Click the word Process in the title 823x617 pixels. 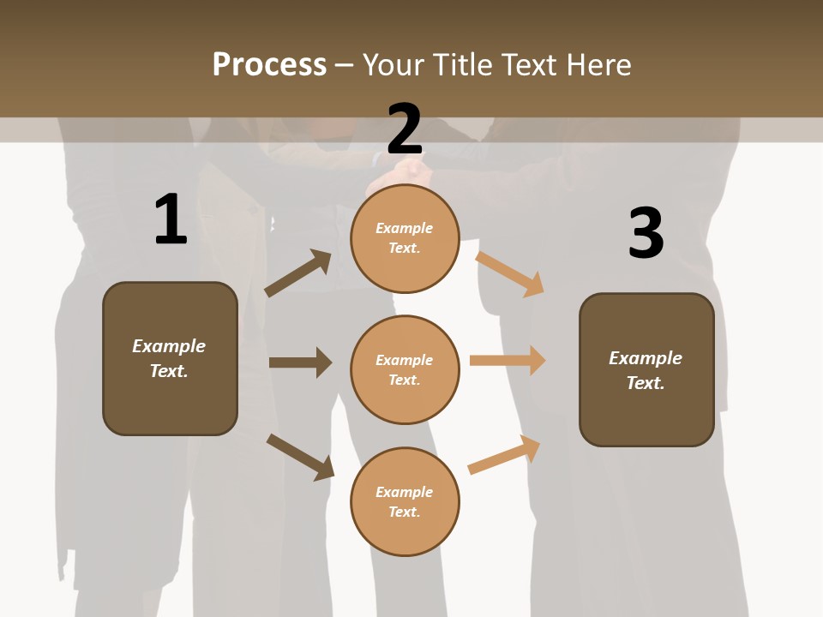tap(269, 65)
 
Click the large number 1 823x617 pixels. tap(170, 220)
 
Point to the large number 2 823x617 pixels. tap(405, 129)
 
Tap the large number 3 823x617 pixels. tap(646, 234)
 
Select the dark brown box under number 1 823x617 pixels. tap(170, 358)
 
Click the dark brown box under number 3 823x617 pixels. tap(646, 369)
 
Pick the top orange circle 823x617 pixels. tap(405, 238)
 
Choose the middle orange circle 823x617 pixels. tap(405, 369)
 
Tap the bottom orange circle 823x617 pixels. tap(405, 501)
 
